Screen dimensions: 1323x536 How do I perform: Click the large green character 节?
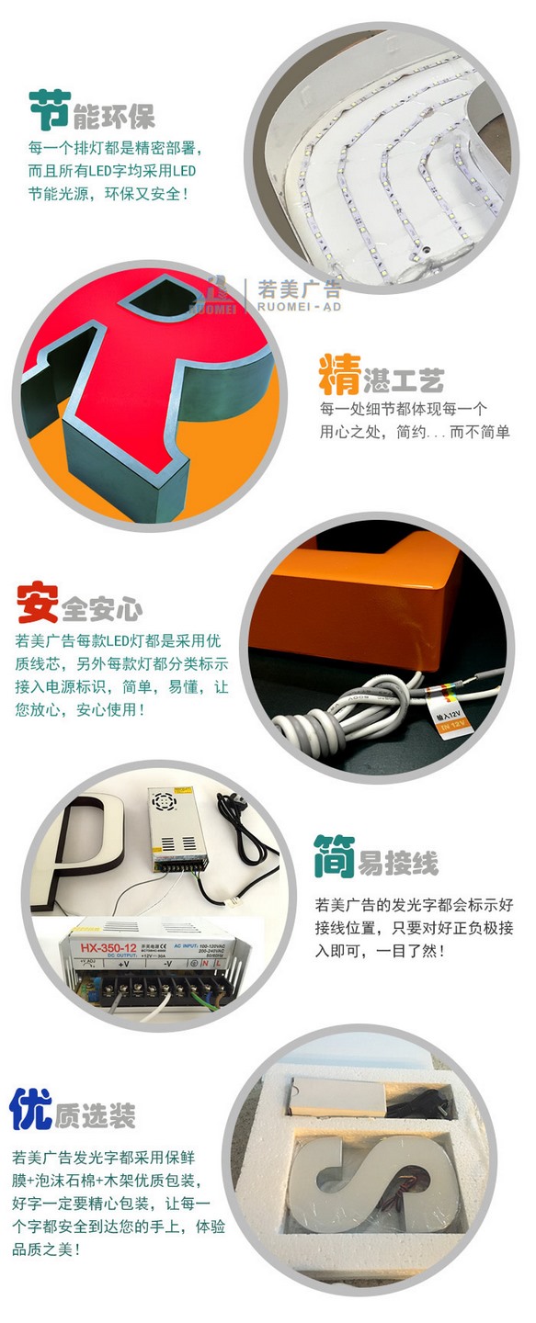click(x=50, y=111)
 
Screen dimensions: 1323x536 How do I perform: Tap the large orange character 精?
click(x=338, y=376)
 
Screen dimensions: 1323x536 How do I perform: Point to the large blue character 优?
click(x=31, y=1109)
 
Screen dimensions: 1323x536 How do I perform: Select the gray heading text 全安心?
click(x=101, y=608)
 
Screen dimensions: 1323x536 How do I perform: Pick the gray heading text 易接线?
click(x=397, y=863)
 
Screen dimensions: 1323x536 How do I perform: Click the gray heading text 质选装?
click(x=95, y=1115)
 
